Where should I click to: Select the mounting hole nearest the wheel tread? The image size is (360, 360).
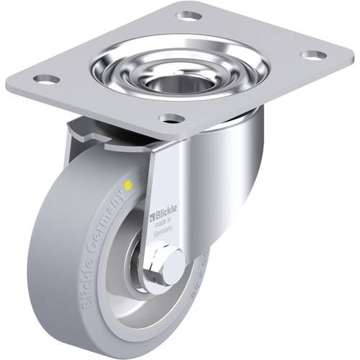click(x=45, y=78)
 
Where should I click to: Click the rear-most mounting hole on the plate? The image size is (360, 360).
click(x=188, y=16)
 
